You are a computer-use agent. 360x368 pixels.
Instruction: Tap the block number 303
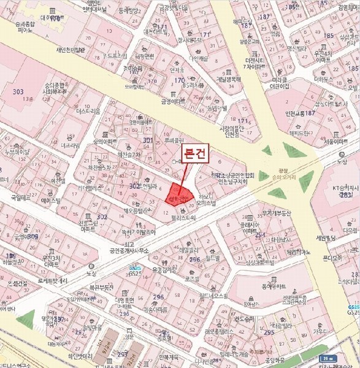(x=17, y=91)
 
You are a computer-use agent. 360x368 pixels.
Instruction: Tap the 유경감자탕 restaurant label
(x=164, y=268)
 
